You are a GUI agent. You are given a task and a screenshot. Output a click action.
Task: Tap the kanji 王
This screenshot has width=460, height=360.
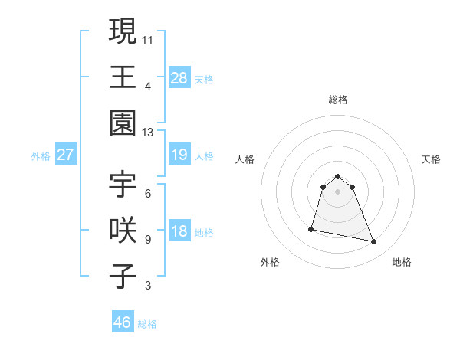pos(123,77)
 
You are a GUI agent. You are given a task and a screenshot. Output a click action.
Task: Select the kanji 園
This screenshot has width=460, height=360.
pos(123,123)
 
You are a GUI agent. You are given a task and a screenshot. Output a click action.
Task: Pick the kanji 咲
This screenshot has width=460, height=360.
pos(123,230)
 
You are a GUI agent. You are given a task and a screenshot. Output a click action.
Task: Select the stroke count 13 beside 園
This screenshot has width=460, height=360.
pos(148,133)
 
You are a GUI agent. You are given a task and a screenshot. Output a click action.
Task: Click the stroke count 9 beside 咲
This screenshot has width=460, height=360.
pos(148,240)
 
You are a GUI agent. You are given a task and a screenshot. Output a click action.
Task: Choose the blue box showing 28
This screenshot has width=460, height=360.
pos(179,77)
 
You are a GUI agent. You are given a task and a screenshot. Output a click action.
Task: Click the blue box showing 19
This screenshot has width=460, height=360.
pos(179,155)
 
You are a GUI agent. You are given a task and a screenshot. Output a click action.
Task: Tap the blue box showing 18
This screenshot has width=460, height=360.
pos(179,232)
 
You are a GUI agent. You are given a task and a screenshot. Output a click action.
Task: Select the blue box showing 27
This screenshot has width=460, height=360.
pos(65,155)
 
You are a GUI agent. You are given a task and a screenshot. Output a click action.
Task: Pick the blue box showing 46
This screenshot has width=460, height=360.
pos(122,322)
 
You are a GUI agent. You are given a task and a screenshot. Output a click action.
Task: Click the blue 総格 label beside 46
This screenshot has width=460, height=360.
pos(147,324)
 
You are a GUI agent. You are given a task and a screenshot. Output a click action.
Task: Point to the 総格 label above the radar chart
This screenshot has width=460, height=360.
pos(337,100)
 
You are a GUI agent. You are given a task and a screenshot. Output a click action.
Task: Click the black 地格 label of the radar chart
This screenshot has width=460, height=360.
pos(402,262)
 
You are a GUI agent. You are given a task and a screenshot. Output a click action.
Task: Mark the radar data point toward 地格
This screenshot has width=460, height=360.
pos(374,242)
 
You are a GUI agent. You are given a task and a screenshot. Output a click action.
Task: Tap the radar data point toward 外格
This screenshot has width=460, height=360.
pos(311,228)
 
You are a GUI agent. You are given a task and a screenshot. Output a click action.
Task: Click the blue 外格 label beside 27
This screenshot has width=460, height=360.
pos(41,156)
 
